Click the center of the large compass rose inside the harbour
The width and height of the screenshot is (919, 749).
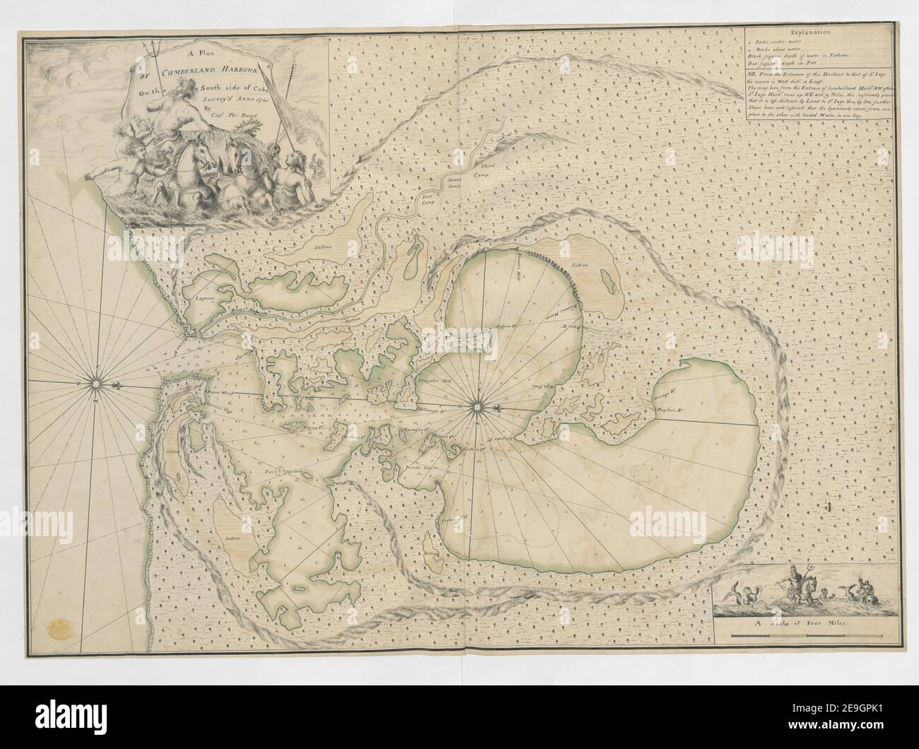point(477,406)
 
